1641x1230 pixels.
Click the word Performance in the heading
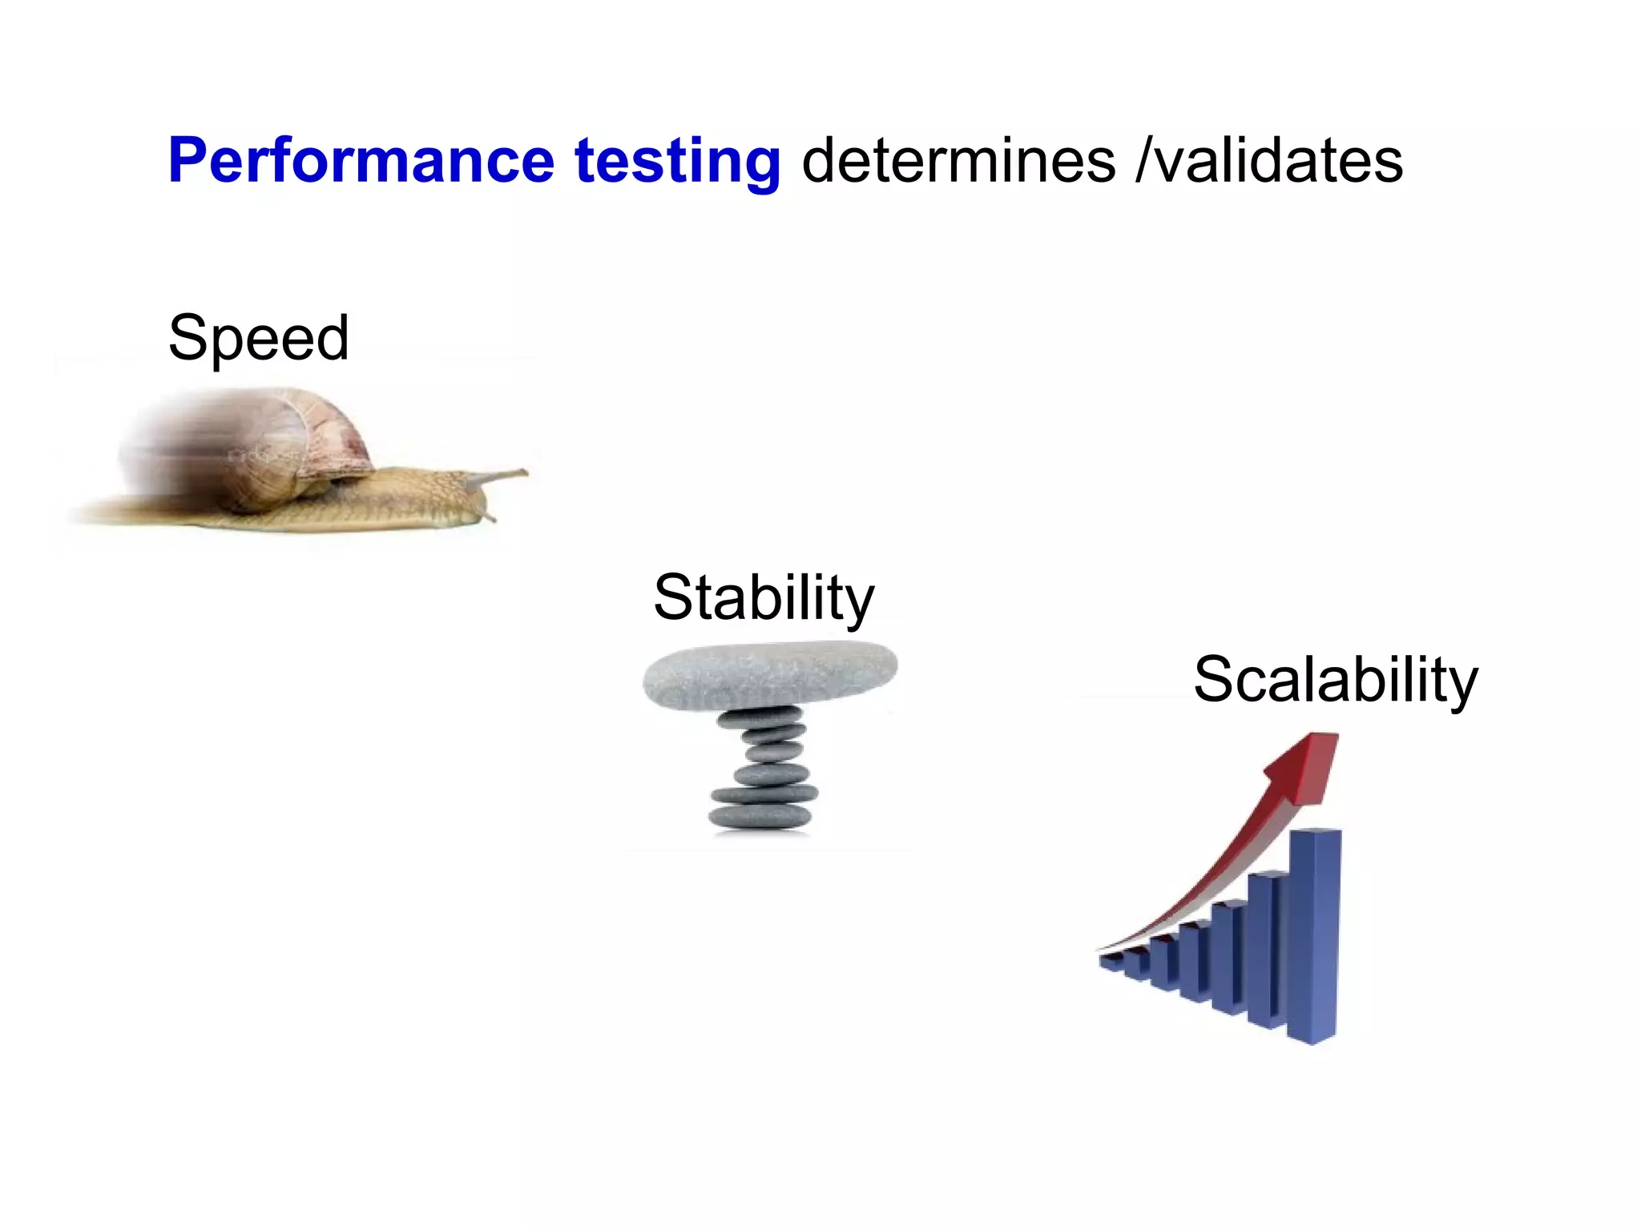click(361, 161)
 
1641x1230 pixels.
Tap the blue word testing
click(677, 161)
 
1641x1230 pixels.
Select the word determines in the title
click(958, 161)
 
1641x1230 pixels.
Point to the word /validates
click(1269, 161)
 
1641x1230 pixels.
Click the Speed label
click(258, 338)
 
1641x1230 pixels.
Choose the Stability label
click(764, 597)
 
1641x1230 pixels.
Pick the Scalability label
click(1335, 680)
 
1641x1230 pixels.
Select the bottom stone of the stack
click(760, 817)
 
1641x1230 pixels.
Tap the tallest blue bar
click(1314, 937)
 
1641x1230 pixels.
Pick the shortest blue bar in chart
click(1112, 961)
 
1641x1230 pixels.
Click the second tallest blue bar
click(1268, 949)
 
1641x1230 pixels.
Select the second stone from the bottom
click(764, 794)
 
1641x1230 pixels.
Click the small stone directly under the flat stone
click(760, 717)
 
